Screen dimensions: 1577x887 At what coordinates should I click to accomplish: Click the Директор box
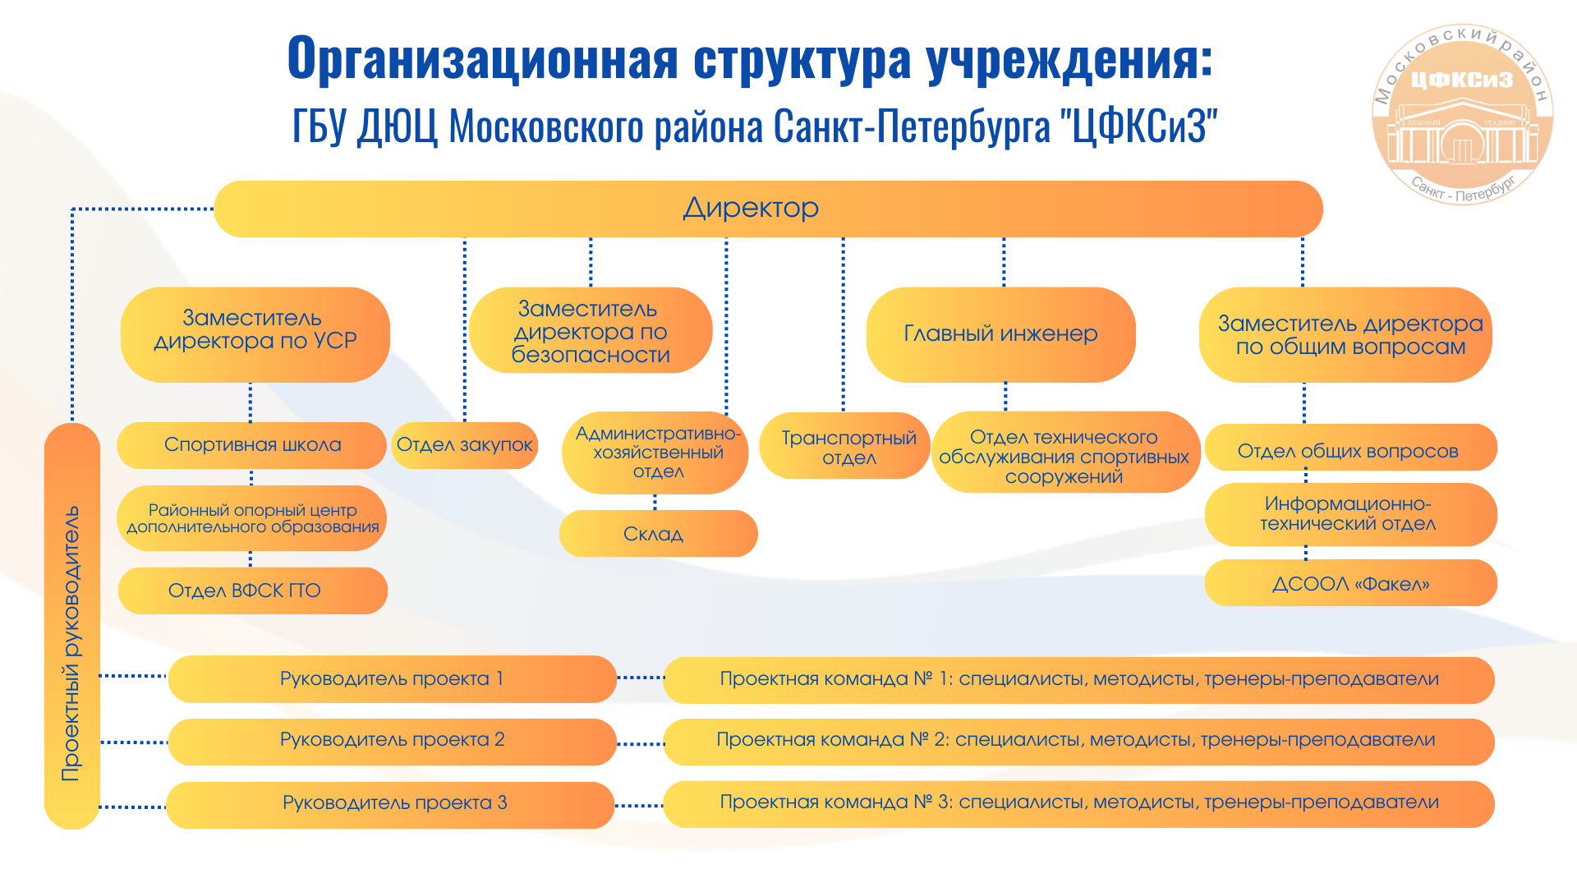pos(768,209)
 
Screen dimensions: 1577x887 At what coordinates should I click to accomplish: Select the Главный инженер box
pos(1000,334)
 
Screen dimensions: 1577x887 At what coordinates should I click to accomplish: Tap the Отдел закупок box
pos(465,445)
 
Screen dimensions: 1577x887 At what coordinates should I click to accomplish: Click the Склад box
pos(658,534)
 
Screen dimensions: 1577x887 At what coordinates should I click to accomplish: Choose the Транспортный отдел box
pos(844,445)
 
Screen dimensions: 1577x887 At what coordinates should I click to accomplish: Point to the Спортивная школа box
pos(251,445)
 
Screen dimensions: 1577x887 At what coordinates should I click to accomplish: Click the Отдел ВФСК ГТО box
pos(252,591)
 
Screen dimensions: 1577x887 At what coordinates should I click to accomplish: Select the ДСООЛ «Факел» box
pos(1350,583)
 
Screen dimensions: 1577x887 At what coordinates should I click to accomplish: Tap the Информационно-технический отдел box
pos(1350,514)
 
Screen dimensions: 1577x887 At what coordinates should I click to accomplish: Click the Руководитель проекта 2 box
pos(392,742)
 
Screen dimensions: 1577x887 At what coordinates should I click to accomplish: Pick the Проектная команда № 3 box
pos(1078,804)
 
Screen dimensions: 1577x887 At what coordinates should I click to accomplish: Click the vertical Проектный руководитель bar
pos(72,626)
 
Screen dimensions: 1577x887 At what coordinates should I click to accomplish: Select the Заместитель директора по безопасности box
pos(591,330)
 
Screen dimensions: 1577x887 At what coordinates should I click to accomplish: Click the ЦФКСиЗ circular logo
pos(1462,114)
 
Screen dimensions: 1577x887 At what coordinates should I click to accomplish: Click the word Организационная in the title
pos(483,59)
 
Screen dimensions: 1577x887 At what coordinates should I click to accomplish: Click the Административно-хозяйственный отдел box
pos(655,453)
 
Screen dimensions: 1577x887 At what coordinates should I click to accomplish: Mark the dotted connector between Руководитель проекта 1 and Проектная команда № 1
pos(640,678)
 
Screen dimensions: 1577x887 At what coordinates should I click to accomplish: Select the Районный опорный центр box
pos(251,518)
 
